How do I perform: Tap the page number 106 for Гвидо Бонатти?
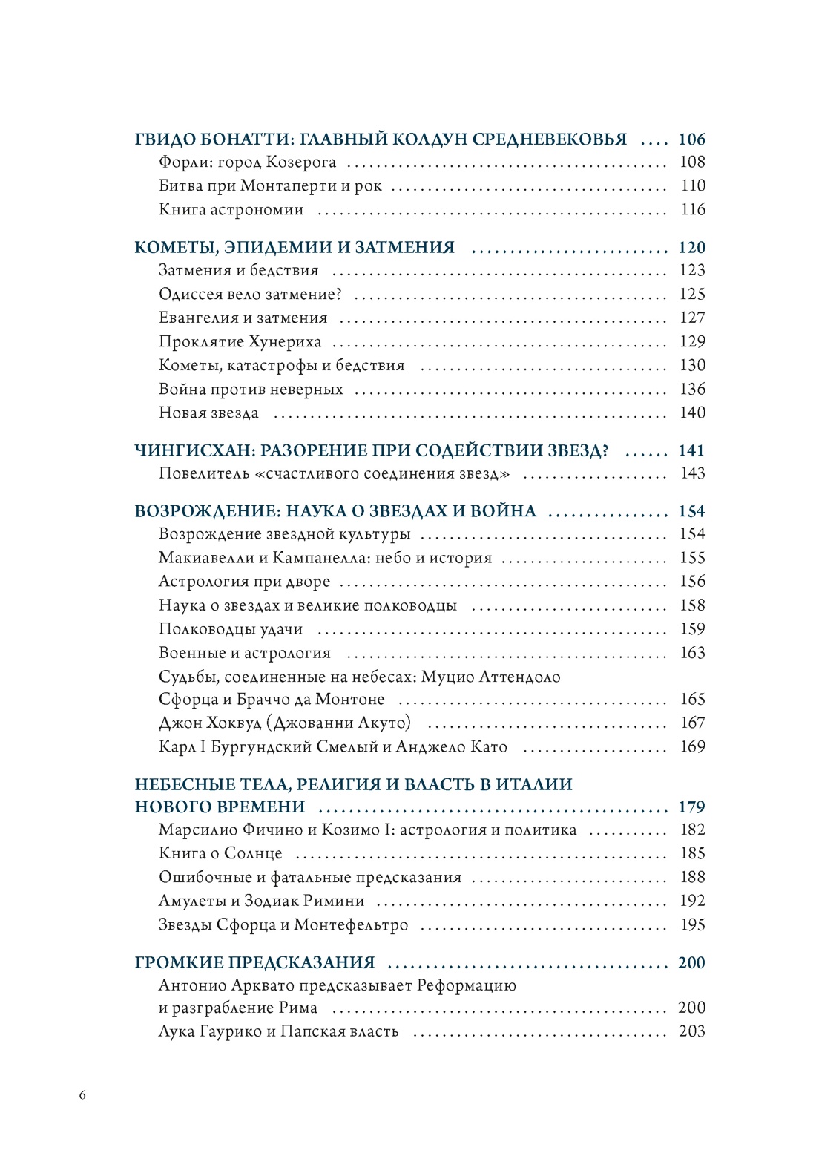pos(691,139)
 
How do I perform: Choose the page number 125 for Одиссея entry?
pos(692,294)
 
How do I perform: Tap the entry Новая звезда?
pos(208,413)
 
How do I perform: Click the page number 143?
pos(692,473)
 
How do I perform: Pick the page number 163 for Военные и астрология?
pos(692,653)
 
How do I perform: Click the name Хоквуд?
pos(233,723)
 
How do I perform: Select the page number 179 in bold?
pos(691,807)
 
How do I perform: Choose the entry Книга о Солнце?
pos(220,853)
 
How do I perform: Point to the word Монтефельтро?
pos(351,924)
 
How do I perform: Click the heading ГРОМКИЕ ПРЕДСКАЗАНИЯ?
pos(254,962)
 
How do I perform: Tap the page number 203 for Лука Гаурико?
pos(691,1031)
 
